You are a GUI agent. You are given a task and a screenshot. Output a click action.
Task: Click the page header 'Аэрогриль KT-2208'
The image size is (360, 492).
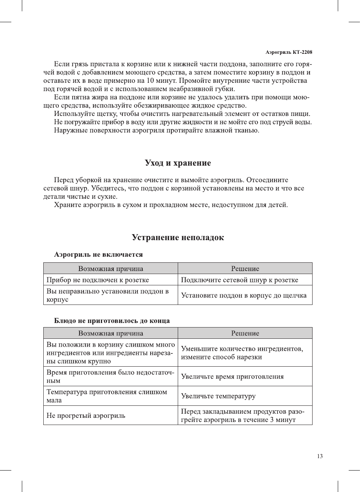point(288,52)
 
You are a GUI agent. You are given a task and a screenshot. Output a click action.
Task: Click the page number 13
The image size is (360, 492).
point(320,456)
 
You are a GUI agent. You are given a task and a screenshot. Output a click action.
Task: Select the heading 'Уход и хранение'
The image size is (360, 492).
point(178,163)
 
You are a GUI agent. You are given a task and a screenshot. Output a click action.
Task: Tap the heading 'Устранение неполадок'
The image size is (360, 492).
point(178,238)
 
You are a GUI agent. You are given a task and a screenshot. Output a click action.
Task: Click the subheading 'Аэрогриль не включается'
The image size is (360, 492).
point(98,255)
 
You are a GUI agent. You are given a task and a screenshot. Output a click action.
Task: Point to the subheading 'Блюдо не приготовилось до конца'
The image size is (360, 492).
point(112,321)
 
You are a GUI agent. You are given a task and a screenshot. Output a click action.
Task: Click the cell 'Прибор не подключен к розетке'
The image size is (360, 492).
point(98,280)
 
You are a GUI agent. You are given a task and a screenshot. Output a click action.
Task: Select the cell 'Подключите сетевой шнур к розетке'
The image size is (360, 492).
point(239,280)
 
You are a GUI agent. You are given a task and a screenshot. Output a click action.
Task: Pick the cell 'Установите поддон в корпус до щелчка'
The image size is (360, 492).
point(244,296)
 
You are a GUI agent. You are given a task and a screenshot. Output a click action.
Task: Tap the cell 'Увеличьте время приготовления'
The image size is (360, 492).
point(232,377)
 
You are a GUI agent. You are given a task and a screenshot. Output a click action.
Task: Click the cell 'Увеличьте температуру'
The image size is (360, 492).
point(218,396)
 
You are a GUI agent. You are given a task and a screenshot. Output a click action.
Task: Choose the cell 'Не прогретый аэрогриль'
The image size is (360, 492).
point(86,416)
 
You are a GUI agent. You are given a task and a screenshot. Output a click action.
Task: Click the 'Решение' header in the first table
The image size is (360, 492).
point(245,269)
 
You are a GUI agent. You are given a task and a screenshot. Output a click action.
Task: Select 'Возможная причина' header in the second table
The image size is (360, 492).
point(111,334)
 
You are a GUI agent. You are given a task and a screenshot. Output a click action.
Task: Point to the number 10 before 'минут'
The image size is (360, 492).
point(150,81)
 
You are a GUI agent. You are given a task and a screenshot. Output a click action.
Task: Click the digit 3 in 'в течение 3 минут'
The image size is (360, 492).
point(272,420)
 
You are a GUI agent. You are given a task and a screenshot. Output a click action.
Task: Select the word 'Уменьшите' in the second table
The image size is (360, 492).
point(200,349)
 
